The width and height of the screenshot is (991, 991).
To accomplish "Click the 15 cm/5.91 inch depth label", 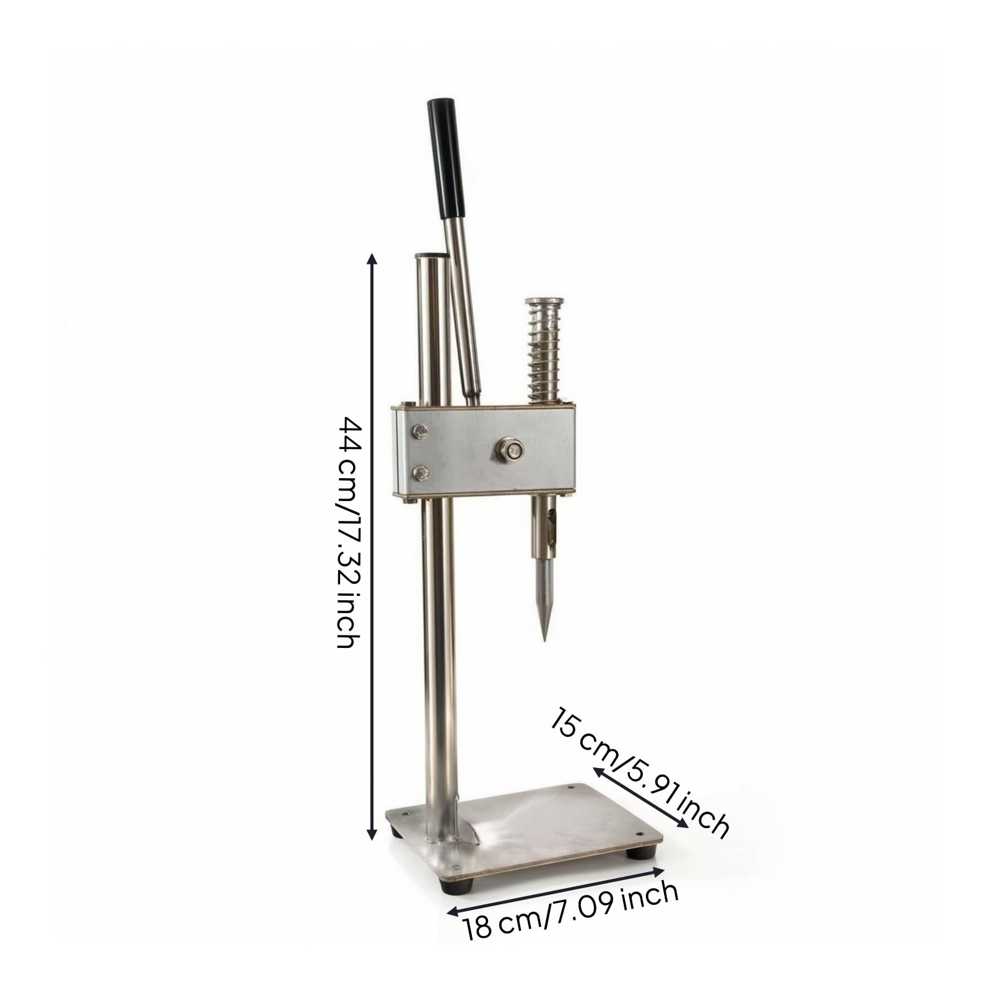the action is pos(640,771).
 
